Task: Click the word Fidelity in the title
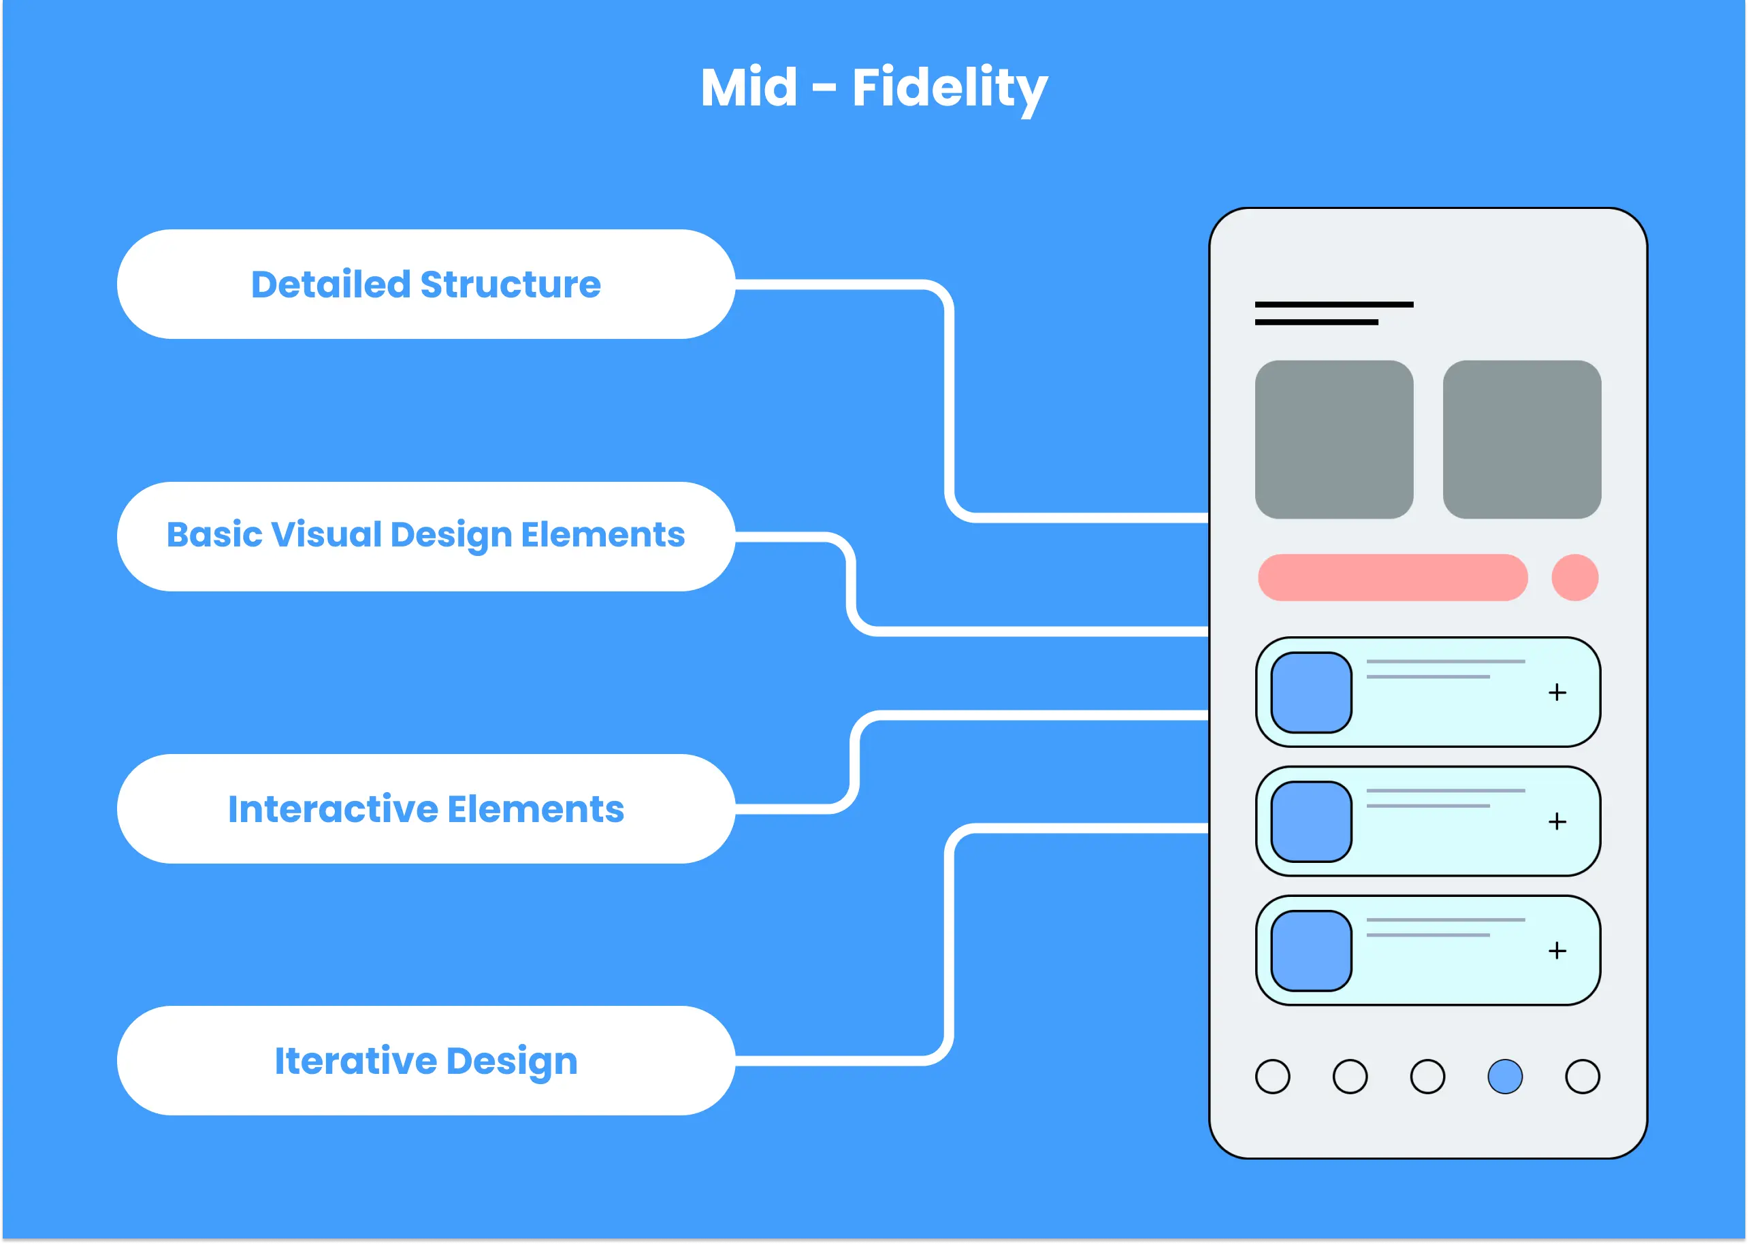(x=949, y=87)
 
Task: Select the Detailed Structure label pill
(x=426, y=284)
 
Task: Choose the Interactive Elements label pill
(x=426, y=809)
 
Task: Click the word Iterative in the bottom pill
(x=355, y=1061)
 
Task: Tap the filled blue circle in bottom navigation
(x=1504, y=1076)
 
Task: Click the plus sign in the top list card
(x=1557, y=693)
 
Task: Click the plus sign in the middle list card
(x=1557, y=822)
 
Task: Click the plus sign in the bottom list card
(x=1557, y=951)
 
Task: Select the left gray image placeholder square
(x=1333, y=440)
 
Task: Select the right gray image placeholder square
(x=1522, y=440)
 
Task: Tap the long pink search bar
(x=1393, y=578)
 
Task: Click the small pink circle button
(x=1575, y=578)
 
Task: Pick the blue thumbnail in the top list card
(x=1312, y=693)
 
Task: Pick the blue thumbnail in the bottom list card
(x=1312, y=951)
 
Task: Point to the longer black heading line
(x=1333, y=304)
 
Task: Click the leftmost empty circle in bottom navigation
(x=1272, y=1076)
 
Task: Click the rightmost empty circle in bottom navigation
(x=1583, y=1076)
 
